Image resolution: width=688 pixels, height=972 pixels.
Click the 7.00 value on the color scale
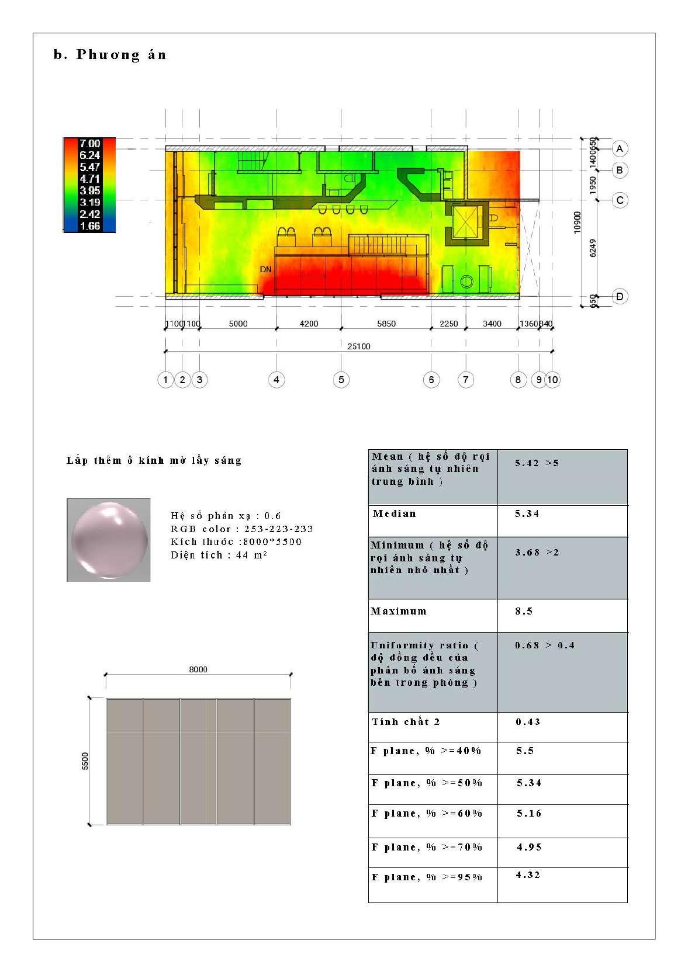point(89,144)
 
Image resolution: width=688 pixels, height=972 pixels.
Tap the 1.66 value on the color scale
point(89,226)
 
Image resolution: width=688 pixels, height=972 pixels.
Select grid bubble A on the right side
point(620,148)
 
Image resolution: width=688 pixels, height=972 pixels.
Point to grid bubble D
point(620,297)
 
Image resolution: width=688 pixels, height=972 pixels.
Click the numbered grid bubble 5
point(341,380)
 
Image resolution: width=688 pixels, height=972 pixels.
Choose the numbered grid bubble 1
point(165,380)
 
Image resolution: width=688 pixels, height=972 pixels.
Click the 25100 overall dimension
point(358,346)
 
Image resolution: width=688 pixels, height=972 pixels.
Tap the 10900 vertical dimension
point(577,223)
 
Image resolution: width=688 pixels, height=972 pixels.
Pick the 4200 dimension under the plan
point(309,324)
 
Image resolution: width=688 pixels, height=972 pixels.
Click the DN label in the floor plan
point(266,270)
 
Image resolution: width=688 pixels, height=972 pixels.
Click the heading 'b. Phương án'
point(110,55)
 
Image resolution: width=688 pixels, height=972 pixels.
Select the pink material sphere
point(109,540)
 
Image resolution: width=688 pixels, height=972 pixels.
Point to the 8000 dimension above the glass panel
point(198,669)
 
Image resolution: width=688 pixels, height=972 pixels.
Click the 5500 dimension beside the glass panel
point(85,761)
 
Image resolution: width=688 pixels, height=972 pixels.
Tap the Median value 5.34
point(527,514)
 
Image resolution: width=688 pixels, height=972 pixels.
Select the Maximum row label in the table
point(399,612)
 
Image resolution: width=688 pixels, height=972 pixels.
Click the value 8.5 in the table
point(524,612)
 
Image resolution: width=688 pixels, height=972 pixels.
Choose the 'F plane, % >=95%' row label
point(427,877)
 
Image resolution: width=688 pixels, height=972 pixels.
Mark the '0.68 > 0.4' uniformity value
point(545,645)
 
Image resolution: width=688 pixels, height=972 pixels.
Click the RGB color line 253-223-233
point(242,529)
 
